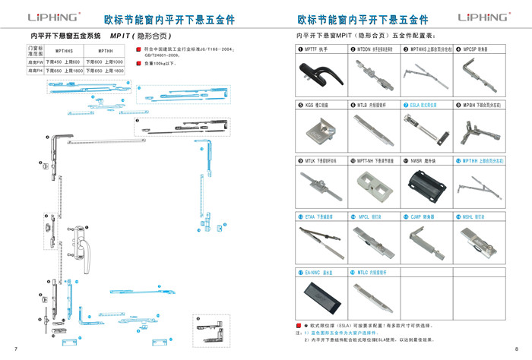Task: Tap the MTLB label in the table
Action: [x=364, y=105]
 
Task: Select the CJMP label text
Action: [x=422, y=216]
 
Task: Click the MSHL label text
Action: [x=473, y=216]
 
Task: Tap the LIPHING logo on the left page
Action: [x=53, y=17]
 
